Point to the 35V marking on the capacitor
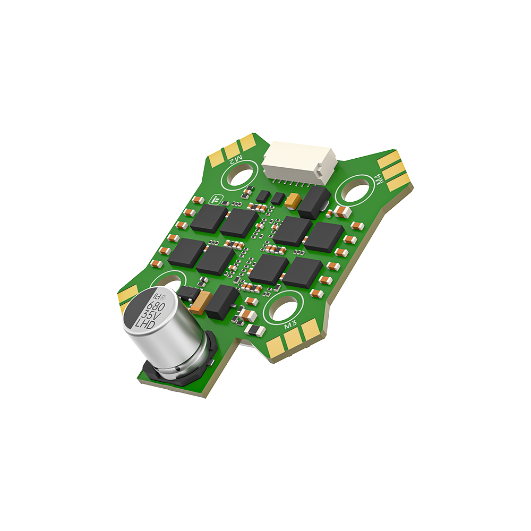[149, 315]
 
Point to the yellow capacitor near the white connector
[293, 200]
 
